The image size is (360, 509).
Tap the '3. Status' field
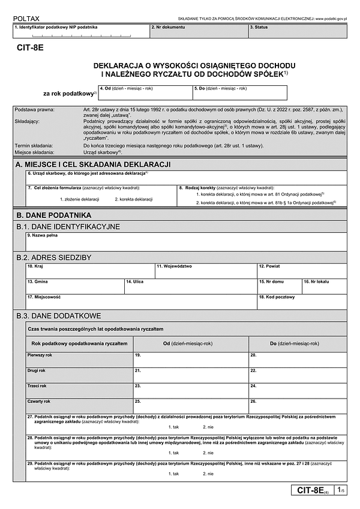297,31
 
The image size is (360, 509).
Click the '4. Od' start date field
145,93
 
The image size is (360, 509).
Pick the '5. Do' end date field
239,93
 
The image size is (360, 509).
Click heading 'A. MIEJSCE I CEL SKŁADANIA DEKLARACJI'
94,164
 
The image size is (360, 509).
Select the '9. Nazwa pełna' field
186,241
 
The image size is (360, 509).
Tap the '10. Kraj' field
89,271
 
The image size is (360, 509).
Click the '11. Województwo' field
205,271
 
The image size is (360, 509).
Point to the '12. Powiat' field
302,271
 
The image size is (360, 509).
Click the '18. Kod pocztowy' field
302,302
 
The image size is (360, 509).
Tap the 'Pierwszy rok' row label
41,355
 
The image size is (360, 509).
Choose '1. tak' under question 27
174,426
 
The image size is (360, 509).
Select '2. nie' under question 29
208,474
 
